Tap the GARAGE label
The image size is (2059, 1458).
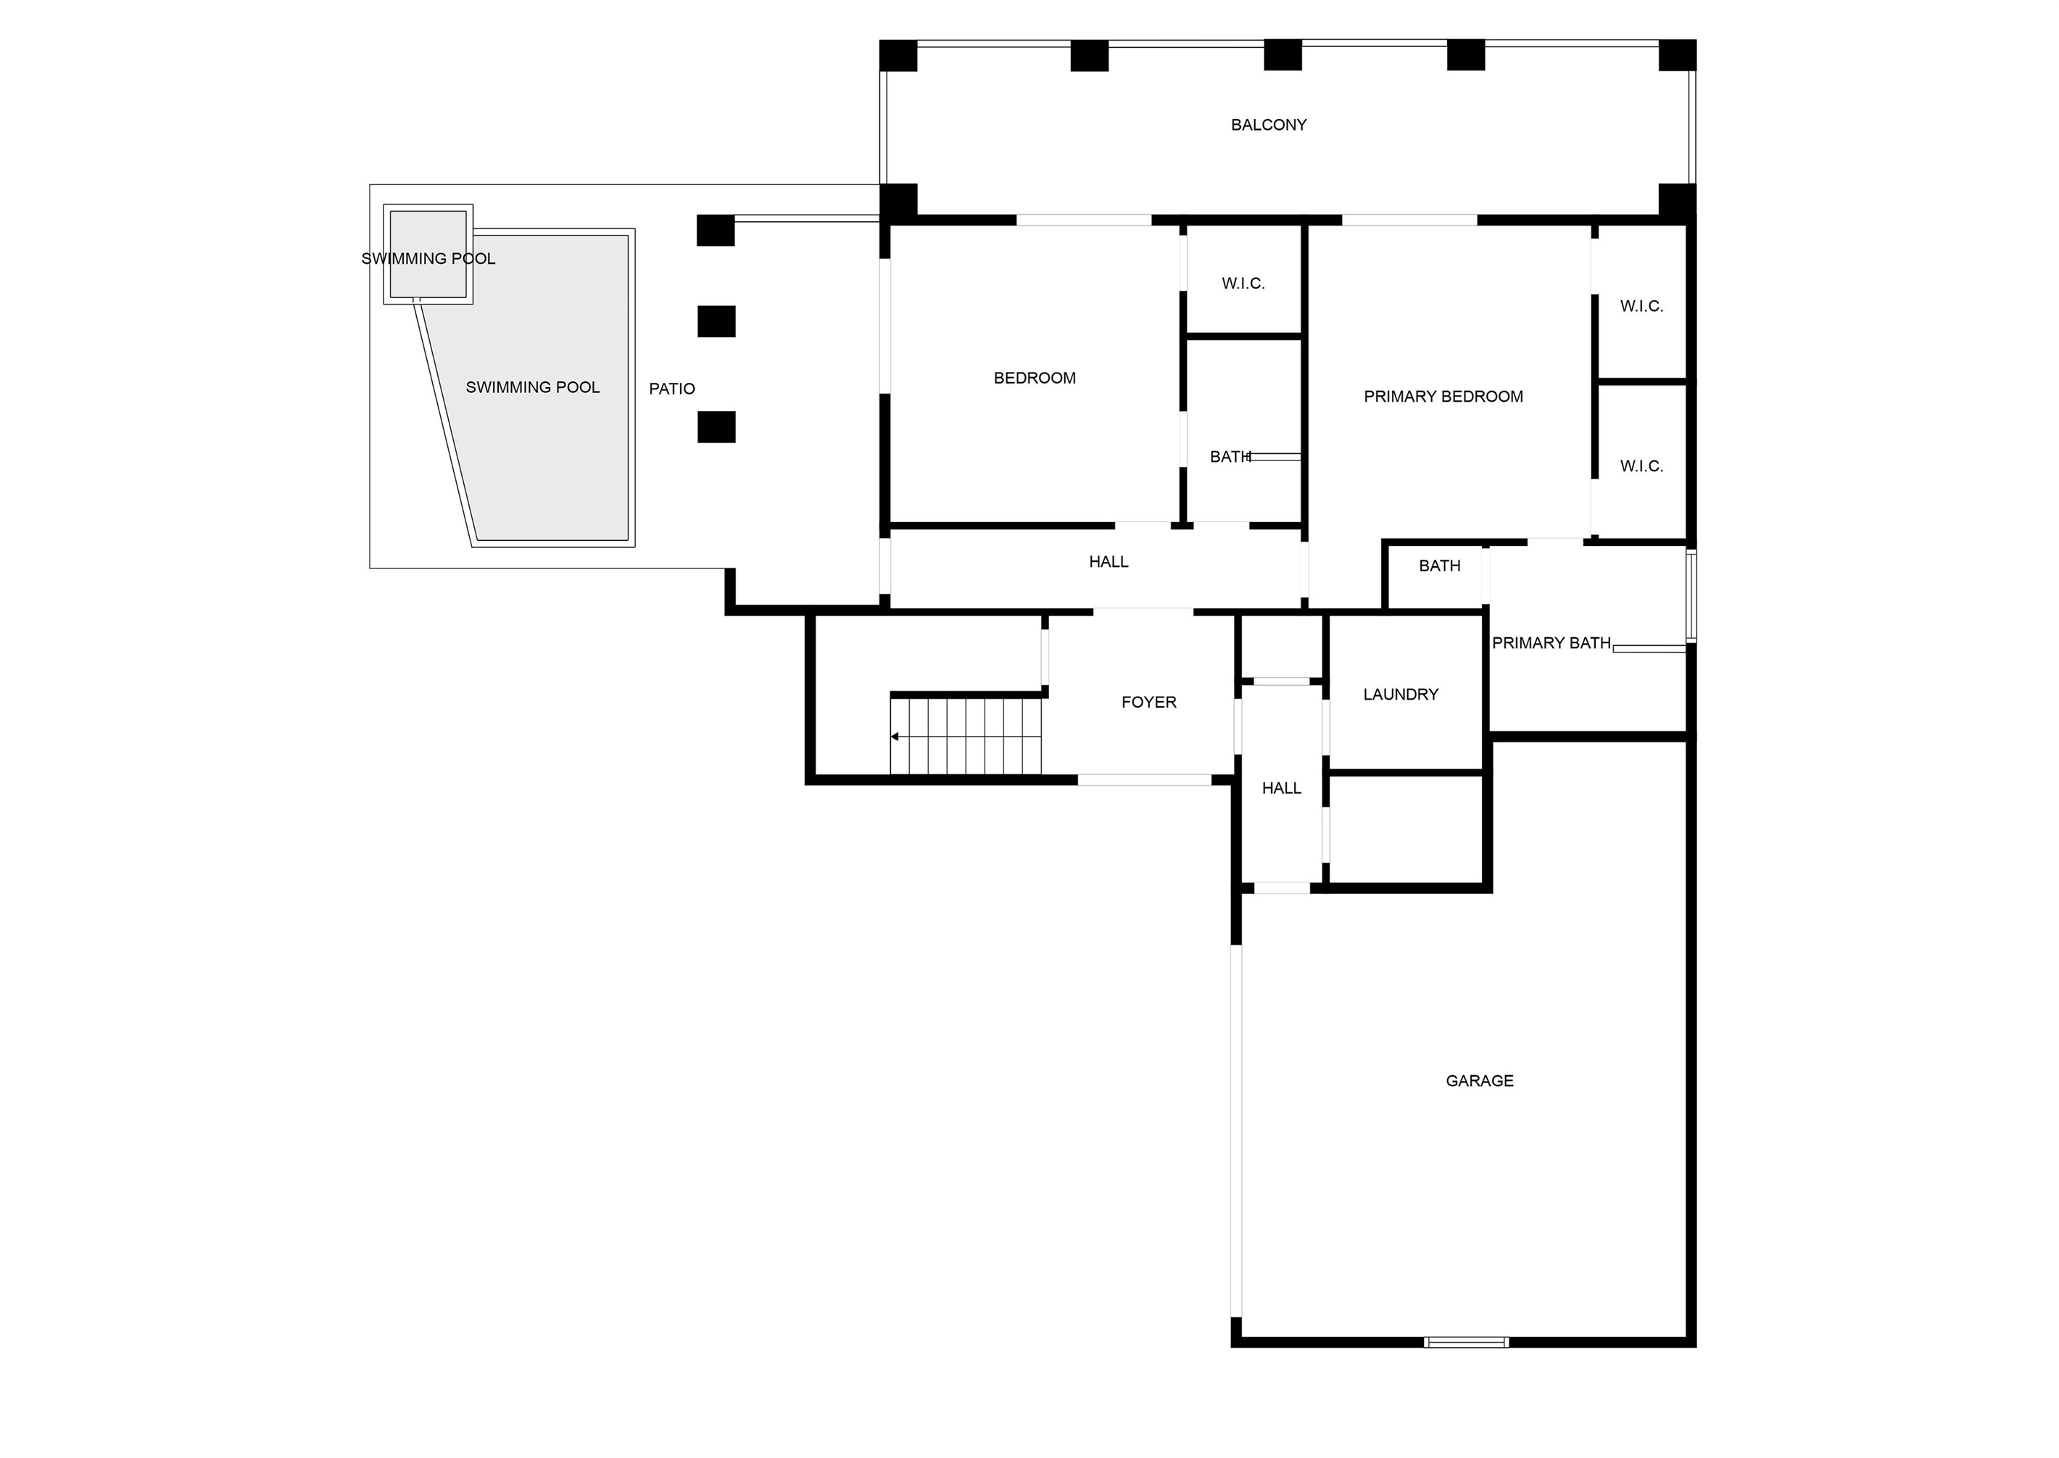click(x=1479, y=1081)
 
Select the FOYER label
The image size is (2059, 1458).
click(x=1149, y=702)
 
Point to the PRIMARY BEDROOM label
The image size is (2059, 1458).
click(x=1443, y=396)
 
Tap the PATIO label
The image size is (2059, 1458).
click(x=671, y=389)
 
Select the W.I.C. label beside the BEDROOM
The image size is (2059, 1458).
click(x=1243, y=283)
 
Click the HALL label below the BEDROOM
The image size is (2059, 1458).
click(x=1109, y=562)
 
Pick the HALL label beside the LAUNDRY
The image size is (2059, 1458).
click(x=1281, y=788)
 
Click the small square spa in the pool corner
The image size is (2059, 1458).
click(x=428, y=254)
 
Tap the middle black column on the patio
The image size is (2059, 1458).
click(x=716, y=321)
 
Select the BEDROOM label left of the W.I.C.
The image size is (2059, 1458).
click(x=1034, y=378)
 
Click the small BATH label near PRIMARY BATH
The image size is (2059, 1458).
click(x=1439, y=566)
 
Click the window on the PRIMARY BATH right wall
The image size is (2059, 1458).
click(x=1691, y=596)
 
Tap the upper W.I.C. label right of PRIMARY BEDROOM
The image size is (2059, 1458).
click(x=1641, y=306)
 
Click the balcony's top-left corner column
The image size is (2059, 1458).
click(x=898, y=56)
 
